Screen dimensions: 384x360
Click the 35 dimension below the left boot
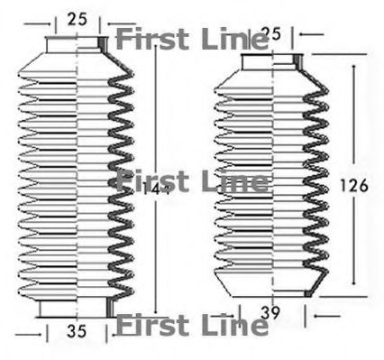click(77, 332)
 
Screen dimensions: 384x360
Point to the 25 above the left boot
click(77, 18)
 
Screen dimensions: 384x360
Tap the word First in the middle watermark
click(151, 182)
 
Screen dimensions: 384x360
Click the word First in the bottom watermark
click(150, 323)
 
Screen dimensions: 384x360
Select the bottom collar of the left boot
click(76, 307)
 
